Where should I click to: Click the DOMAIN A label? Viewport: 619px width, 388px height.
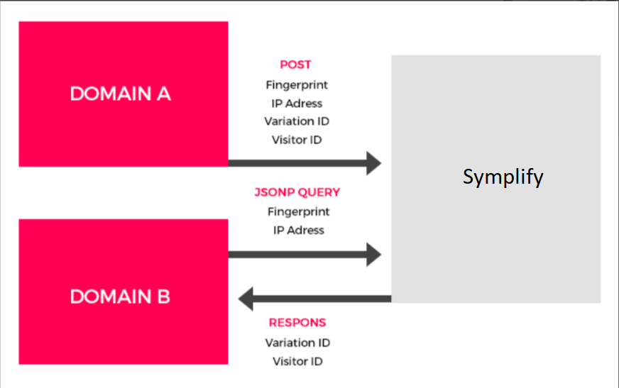tap(121, 94)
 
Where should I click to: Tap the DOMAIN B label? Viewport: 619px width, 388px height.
tap(120, 296)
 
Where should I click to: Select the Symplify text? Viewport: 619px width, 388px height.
tap(503, 177)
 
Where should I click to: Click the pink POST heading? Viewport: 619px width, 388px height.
tap(296, 65)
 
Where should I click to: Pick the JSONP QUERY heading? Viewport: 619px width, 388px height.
tap(297, 192)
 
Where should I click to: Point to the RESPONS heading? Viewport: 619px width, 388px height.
tap(297, 323)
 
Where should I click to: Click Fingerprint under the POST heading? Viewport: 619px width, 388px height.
tap(297, 85)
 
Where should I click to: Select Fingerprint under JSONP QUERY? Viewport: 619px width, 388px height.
tap(298, 212)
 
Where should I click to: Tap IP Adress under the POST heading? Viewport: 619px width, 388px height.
tap(297, 104)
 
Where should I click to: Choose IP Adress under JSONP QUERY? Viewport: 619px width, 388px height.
tap(298, 231)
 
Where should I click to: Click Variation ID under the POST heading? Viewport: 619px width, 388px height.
tap(297, 121)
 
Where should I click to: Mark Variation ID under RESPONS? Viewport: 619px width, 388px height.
tap(297, 343)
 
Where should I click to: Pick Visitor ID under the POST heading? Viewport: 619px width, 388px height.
tap(297, 140)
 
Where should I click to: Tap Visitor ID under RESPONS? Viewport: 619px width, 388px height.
tap(297, 362)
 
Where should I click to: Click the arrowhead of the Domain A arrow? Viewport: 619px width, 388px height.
tap(373, 163)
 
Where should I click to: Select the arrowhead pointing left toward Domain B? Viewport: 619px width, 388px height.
tap(246, 299)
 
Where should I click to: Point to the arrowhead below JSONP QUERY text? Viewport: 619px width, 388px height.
tap(373, 255)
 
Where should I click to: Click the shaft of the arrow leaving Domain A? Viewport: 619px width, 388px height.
tap(297, 163)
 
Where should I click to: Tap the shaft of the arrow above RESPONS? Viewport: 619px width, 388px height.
tap(322, 299)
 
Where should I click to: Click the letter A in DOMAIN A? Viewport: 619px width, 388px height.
tap(164, 94)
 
